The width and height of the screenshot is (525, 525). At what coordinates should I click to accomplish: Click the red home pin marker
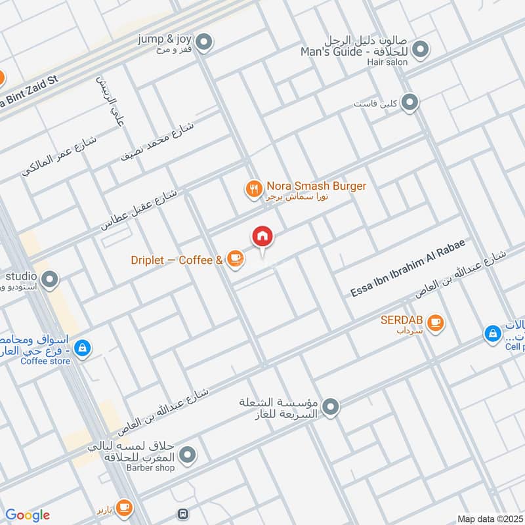pos(262,237)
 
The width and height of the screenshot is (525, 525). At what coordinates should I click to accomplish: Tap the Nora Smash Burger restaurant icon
pos(253,190)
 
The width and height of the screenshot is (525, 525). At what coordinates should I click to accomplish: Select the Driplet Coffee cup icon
pos(234,260)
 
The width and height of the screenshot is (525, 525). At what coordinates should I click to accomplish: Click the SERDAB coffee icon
pos(434,322)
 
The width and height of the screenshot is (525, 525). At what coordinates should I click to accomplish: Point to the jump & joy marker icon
pos(205,42)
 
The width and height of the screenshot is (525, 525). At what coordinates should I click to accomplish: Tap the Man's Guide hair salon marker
pos(421,49)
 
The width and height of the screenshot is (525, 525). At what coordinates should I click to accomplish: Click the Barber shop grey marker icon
pos(188,454)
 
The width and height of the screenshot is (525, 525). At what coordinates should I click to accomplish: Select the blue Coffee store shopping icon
pos(82,348)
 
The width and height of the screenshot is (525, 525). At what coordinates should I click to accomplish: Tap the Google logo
pos(28,515)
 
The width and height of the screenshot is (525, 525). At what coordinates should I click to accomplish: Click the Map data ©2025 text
pos(490,518)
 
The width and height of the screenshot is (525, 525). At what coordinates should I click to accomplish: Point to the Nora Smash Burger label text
pos(316,186)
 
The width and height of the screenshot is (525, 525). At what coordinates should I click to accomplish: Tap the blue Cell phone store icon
pos(492,334)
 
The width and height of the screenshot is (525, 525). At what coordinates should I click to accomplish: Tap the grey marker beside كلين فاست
pos(409,102)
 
